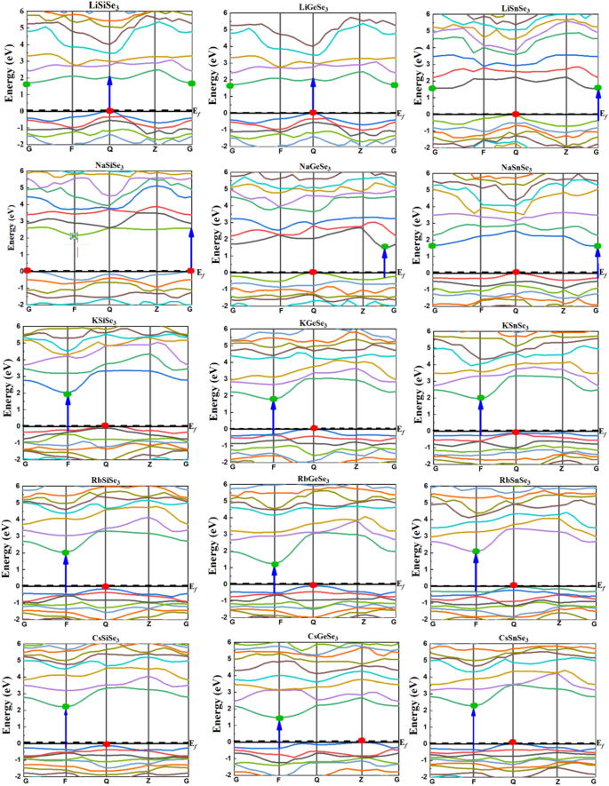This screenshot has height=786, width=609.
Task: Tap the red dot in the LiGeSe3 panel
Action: pyautogui.click(x=313, y=112)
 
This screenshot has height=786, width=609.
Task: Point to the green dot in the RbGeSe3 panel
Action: pyautogui.click(x=275, y=564)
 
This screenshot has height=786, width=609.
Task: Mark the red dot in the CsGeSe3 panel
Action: pyautogui.click(x=362, y=740)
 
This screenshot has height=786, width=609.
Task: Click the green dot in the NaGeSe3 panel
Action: pyautogui.click(x=385, y=247)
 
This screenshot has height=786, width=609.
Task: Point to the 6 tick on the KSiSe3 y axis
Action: pyautogui.click(x=16, y=326)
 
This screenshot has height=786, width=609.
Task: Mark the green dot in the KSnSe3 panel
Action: pyautogui.click(x=481, y=398)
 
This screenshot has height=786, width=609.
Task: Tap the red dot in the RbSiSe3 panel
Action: pyautogui.click(x=106, y=586)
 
